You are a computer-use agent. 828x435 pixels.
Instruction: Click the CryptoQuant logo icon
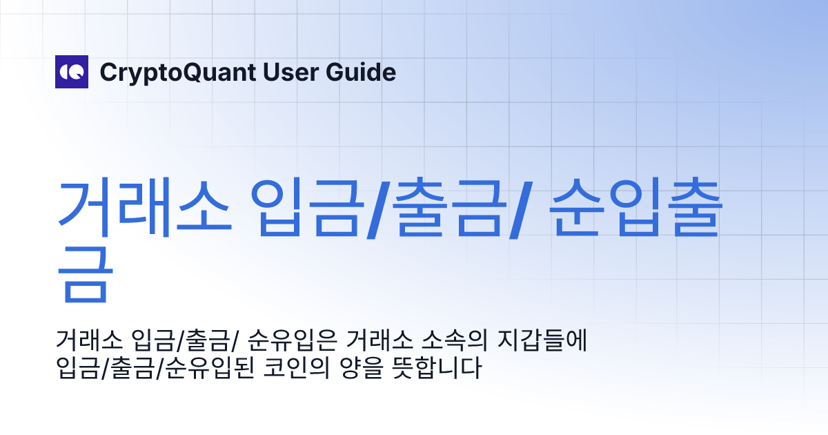click(x=72, y=72)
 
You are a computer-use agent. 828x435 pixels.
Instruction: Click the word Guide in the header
click(x=364, y=72)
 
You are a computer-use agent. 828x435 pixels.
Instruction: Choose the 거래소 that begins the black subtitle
click(x=86, y=341)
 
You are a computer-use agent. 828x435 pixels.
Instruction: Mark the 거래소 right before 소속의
click(x=376, y=341)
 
